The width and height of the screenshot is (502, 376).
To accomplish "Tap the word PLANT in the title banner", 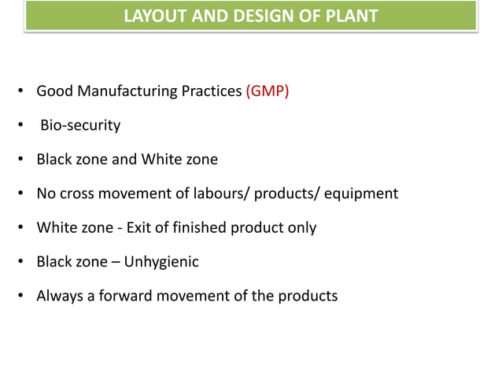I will click(x=351, y=16).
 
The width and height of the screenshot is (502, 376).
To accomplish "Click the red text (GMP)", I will click(x=268, y=91).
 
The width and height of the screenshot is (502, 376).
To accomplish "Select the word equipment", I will click(x=364, y=194).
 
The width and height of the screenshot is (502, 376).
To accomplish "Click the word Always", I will click(x=57, y=297).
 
